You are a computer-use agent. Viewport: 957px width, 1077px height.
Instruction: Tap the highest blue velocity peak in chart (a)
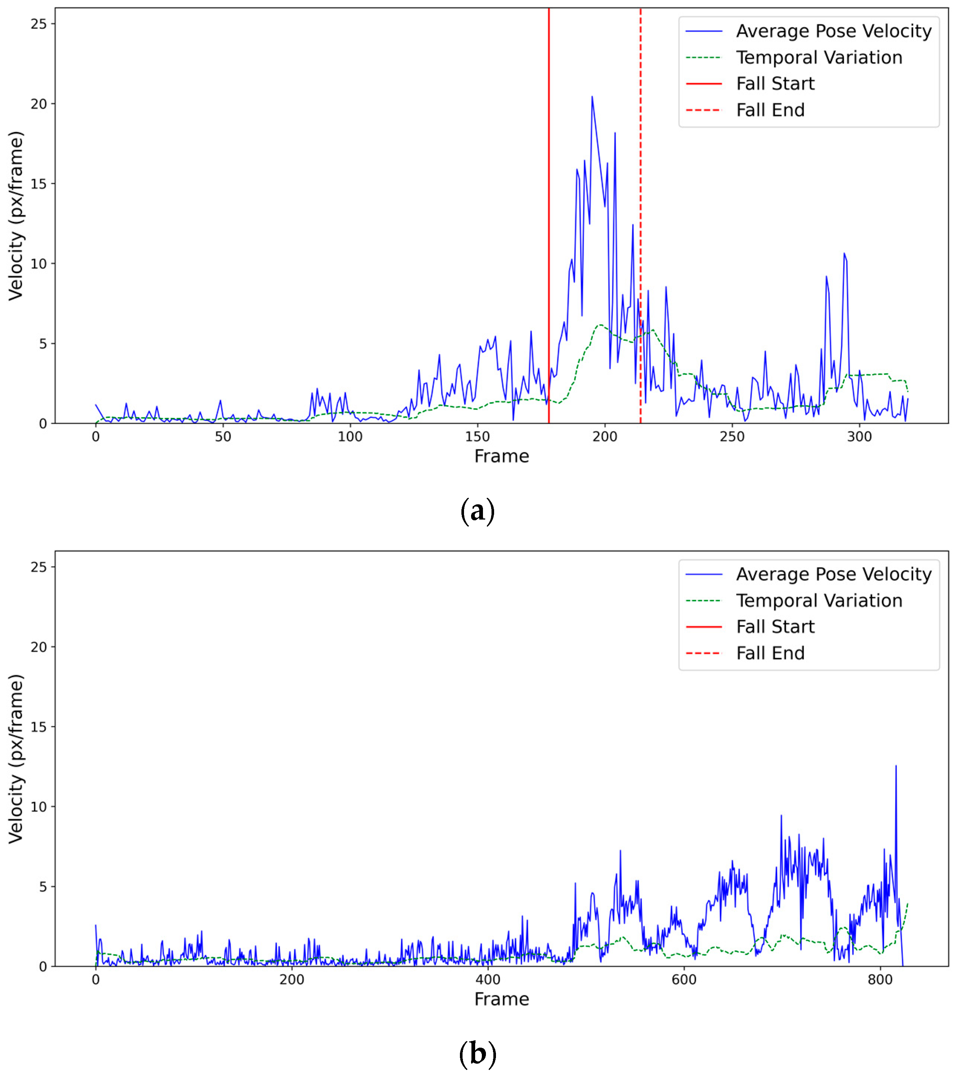[x=592, y=97]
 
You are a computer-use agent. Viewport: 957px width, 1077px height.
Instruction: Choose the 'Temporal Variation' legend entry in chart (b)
[x=818, y=600]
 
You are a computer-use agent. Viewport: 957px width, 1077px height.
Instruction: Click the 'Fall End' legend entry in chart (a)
[x=770, y=110]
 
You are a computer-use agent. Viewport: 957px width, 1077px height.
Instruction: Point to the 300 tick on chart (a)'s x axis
[x=860, y=437]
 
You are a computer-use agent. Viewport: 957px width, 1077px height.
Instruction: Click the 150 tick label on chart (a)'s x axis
[x=477, y=437]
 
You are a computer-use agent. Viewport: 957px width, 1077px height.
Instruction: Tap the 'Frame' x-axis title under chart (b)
[x=501, y=999]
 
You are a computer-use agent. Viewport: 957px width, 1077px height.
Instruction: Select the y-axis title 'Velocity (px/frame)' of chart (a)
[x=16, y=216]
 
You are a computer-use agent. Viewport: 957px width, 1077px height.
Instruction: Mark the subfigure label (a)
[x=477, y=511]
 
